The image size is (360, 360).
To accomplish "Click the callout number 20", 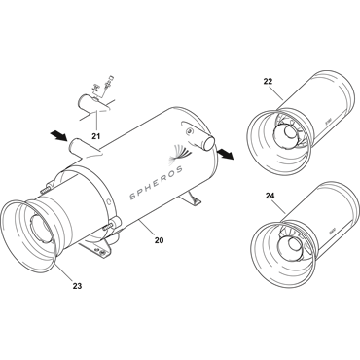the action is tap(159, 240).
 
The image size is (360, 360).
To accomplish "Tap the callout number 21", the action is tap(95, 136).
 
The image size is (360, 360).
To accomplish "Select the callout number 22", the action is tap(268, 81).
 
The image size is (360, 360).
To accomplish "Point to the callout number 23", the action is tap(77, 286).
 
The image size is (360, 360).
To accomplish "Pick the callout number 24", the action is tap(270, 196).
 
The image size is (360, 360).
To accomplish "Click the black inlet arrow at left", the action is tap(59, 136).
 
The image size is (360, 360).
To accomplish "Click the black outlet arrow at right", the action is tap(224, 153).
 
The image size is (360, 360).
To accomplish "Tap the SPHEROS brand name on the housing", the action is tap(156, 183).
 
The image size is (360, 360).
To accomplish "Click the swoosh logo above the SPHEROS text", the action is tap(179, 152).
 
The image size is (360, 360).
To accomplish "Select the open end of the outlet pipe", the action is tap(209, 142).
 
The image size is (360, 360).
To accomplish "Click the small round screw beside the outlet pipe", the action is tap(190, 130).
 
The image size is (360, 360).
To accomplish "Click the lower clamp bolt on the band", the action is tap(110, 225).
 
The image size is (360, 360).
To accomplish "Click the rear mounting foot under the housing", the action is tap(193, 198).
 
